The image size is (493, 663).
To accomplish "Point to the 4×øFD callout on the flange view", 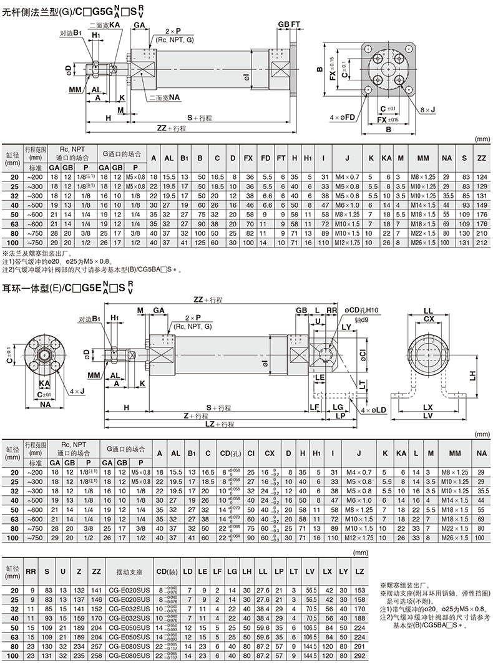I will (342, 116).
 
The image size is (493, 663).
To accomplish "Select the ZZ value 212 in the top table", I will (481, 242).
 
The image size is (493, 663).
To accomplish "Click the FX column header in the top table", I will (248, 159).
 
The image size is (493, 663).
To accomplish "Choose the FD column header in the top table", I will (265, 159).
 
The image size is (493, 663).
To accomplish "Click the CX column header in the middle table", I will (270, 452).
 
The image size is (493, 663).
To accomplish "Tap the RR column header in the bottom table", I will (31, 571).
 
